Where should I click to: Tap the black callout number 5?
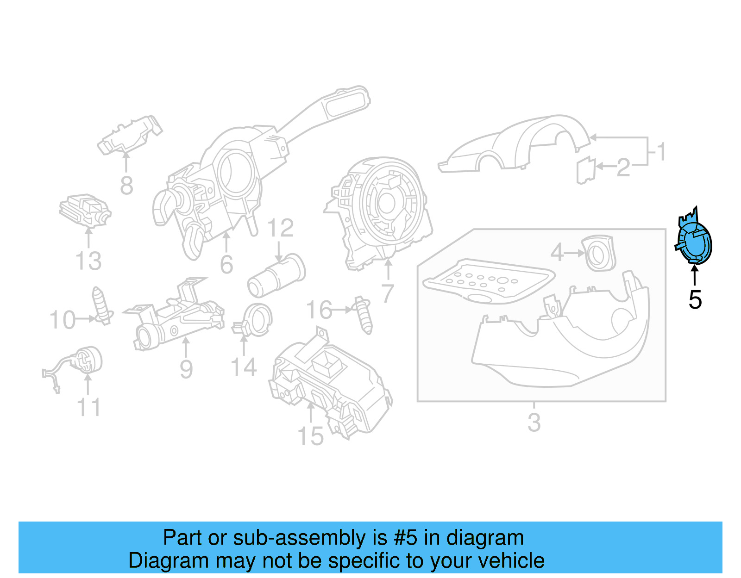[x=695, y=300]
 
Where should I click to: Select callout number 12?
[x=281, y=228]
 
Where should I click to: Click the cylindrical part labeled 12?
[x=276, y=275]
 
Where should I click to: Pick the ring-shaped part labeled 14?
[x=256, y=320]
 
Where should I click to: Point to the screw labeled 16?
[x=364, y=315]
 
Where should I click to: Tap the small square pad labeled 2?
[x=586, y=170]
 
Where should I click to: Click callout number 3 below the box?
[x=534, y=422]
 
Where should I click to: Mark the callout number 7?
[x=388, y=294]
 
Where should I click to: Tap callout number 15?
[x=310, y=436]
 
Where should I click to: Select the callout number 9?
[x=186, y=369]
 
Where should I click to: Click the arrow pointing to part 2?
[x=606, y=166]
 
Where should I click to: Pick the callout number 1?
[x=661, y=152]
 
